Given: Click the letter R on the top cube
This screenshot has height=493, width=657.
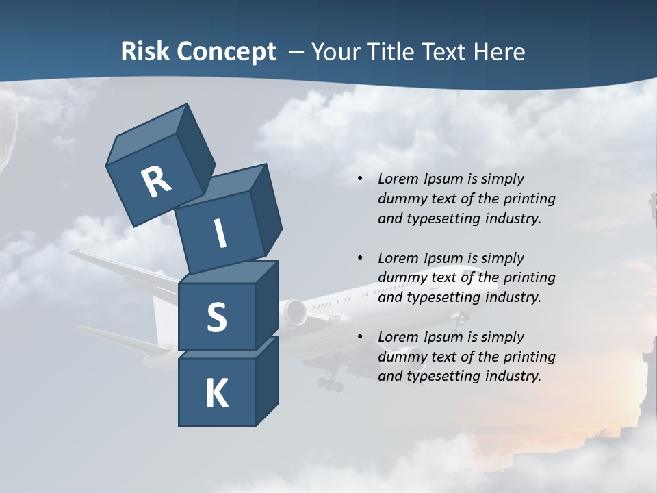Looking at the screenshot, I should [156, 181].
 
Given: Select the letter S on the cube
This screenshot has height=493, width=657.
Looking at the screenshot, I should [216, 318].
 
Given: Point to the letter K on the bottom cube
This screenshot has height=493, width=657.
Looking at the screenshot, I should [216, 394].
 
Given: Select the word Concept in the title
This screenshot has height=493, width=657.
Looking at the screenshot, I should [226, 52].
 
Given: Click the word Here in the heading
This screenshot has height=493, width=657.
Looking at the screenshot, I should [500, 52].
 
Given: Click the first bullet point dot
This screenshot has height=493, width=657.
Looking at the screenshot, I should [360, 179].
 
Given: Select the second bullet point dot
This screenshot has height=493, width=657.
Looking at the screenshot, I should [360, 258].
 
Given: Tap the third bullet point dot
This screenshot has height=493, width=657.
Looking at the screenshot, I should [360, 337].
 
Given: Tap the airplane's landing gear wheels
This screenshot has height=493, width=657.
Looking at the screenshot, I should [331, 384].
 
